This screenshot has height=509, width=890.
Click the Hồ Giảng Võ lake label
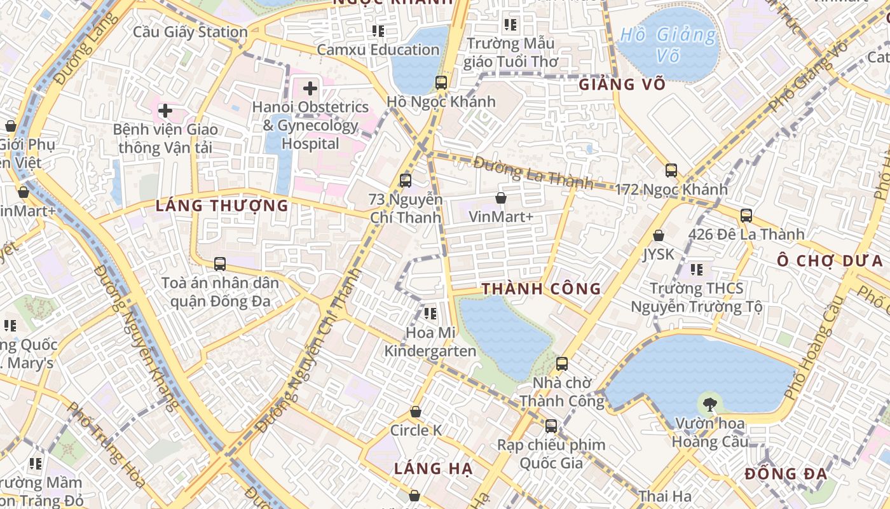[667, 44]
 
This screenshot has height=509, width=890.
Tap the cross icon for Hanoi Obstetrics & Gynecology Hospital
[310, 88]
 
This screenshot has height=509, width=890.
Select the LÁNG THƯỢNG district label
[222, 206]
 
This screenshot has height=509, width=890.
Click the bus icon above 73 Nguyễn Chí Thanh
[406, 180]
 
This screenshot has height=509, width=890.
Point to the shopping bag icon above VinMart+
[501, 198]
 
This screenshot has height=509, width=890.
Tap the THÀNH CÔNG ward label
[541, 289]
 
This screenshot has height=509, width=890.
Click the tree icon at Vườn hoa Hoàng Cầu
[709, 403]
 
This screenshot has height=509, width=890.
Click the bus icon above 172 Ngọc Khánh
[671, 170]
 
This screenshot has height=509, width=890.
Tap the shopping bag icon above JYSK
[659, 235]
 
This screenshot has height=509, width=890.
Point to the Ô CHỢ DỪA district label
[830, 261]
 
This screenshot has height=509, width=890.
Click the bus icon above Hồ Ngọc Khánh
[441, 82]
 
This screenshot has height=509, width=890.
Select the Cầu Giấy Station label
[190, 32]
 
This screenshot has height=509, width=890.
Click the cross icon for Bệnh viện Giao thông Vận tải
[165, 110]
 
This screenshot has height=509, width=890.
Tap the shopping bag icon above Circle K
[416, 412]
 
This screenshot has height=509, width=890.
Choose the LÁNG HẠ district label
[433, 469]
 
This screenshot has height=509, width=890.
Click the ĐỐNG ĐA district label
[786, 474]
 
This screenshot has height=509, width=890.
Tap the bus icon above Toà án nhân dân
[220, 263]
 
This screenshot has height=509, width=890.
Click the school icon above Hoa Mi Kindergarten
[430, 313]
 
